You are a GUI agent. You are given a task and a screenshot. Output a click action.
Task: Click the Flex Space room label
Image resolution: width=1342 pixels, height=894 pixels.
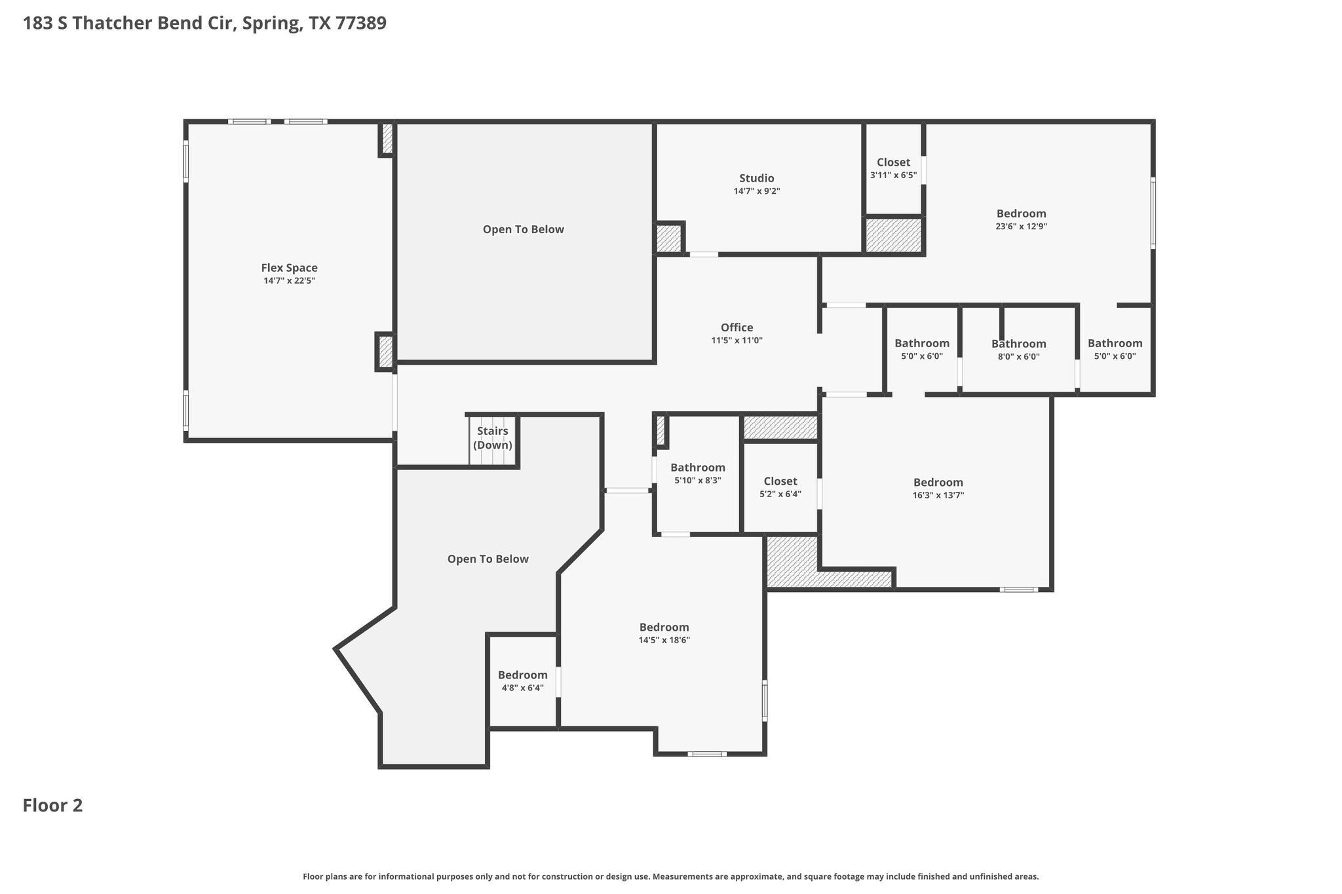coord(289,268)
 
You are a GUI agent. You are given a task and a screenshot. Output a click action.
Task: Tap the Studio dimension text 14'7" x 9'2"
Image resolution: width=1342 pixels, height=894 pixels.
coord(757,191)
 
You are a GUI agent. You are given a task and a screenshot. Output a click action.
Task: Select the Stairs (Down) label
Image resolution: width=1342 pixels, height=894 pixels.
coord(493,438)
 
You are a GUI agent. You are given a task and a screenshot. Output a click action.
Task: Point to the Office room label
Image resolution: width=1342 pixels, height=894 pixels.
coord(737,327)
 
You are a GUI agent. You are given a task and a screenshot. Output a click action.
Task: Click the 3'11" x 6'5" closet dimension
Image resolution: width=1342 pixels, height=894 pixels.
coord(893,175)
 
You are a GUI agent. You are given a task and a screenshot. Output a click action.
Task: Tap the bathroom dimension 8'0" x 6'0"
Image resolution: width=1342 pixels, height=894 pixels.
coord(1019,357)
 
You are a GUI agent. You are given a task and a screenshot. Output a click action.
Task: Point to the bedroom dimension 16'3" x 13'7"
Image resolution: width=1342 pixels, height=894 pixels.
coord(938,495)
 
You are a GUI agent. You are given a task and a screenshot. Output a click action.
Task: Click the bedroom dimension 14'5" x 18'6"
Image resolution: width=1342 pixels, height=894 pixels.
coord(664,640)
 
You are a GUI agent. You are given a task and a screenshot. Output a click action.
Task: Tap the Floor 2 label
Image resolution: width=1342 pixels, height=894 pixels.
coord(53,806)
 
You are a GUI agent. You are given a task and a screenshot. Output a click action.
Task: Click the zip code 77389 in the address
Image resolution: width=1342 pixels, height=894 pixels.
coord(361,24)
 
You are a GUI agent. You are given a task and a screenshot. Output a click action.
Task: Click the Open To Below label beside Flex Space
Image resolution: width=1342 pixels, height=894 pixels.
coord(524,229)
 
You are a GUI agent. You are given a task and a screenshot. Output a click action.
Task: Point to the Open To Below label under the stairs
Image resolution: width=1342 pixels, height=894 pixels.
coord(488,559)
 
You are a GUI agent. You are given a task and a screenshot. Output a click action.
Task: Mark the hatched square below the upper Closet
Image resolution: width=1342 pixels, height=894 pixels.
coord(894,235)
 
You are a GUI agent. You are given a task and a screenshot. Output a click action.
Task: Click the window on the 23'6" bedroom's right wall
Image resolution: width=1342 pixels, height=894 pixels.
coord(1153,212)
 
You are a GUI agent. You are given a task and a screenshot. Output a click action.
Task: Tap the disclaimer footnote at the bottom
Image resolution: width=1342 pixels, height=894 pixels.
coord(671,876)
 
